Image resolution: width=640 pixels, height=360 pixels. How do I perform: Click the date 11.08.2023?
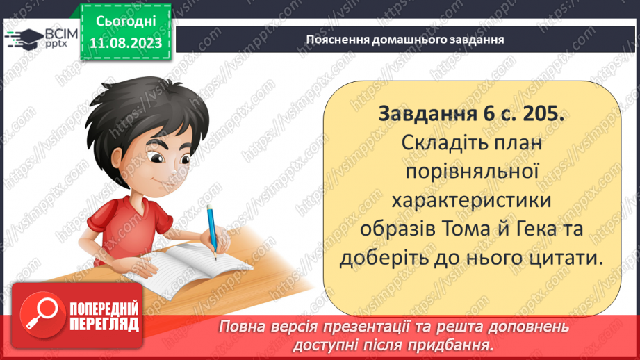126,43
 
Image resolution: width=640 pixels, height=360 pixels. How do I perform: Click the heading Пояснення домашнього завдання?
405,40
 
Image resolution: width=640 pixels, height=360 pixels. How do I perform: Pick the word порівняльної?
472,171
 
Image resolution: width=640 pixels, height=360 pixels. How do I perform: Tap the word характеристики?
471,200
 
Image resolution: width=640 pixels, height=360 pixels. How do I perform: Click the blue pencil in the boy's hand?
211,229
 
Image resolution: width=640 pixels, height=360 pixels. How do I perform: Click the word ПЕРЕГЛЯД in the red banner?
104,323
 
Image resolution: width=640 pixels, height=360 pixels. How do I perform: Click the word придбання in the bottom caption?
459,345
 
